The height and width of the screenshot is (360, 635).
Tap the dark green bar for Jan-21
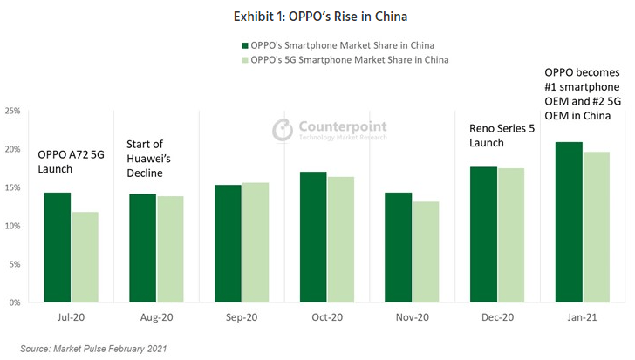pos(569,222)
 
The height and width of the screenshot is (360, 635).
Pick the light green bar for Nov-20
pos(425,252)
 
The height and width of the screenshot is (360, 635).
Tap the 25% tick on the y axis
pos(13,112)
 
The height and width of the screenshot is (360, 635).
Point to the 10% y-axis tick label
pos(13,227)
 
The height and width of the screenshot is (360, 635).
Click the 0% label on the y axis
pos(16,302)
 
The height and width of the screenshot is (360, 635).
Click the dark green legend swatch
pos(244,45)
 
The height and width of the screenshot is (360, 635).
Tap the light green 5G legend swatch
pos(244,60)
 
